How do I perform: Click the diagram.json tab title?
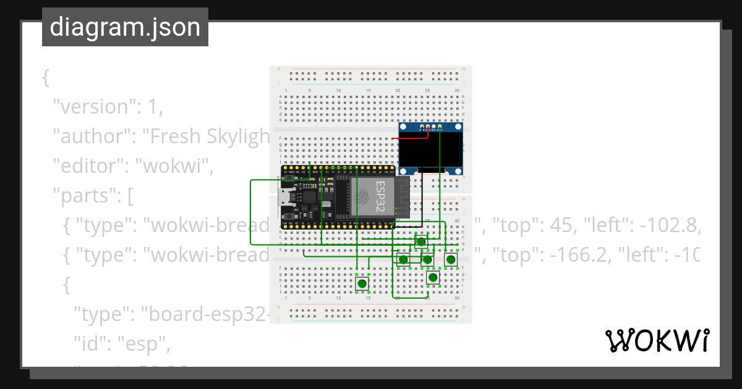[x=125, y=27]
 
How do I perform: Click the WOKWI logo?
[x=657, y=340]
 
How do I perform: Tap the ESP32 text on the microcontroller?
[x=384, y=196]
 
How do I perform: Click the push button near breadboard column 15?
[x=362, y=283]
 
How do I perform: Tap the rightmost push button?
[x=451, y=259]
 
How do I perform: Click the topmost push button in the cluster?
[x=421, y=241]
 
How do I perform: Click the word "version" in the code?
[x=93, y=106]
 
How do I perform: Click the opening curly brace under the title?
[x=45, y=78]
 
